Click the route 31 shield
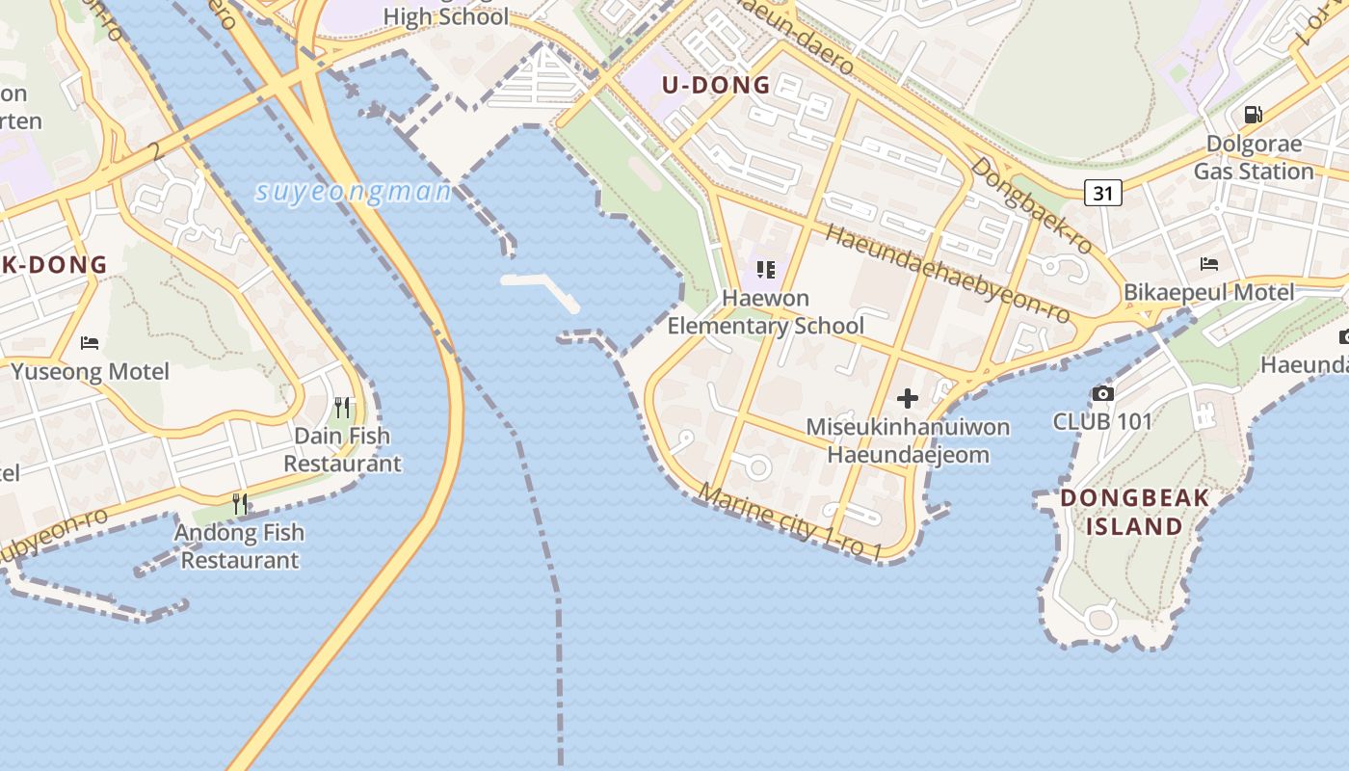click(1103, 193)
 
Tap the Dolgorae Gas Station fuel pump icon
click(1253, 115)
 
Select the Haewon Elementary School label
click(766, 312)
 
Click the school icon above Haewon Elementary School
click(766, 270)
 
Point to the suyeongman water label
click(354, 192)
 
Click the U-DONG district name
click(716, 85)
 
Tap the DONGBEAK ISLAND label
click(1134, 513)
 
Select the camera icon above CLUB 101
click(1103, 393)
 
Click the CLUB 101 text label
click(1102, 421)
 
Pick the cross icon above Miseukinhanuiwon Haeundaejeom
click(907, 398)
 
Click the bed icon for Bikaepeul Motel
click(1209, 264)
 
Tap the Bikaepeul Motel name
click(1209, 292)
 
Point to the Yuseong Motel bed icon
click(90, 343)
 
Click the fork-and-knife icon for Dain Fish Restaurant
click(342, 408)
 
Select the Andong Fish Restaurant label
click(239, 545)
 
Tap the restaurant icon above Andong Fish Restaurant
click(240, 504)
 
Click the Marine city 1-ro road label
click(790, 521)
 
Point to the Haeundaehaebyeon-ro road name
click(948, 275)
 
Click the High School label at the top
click(445, 16)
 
